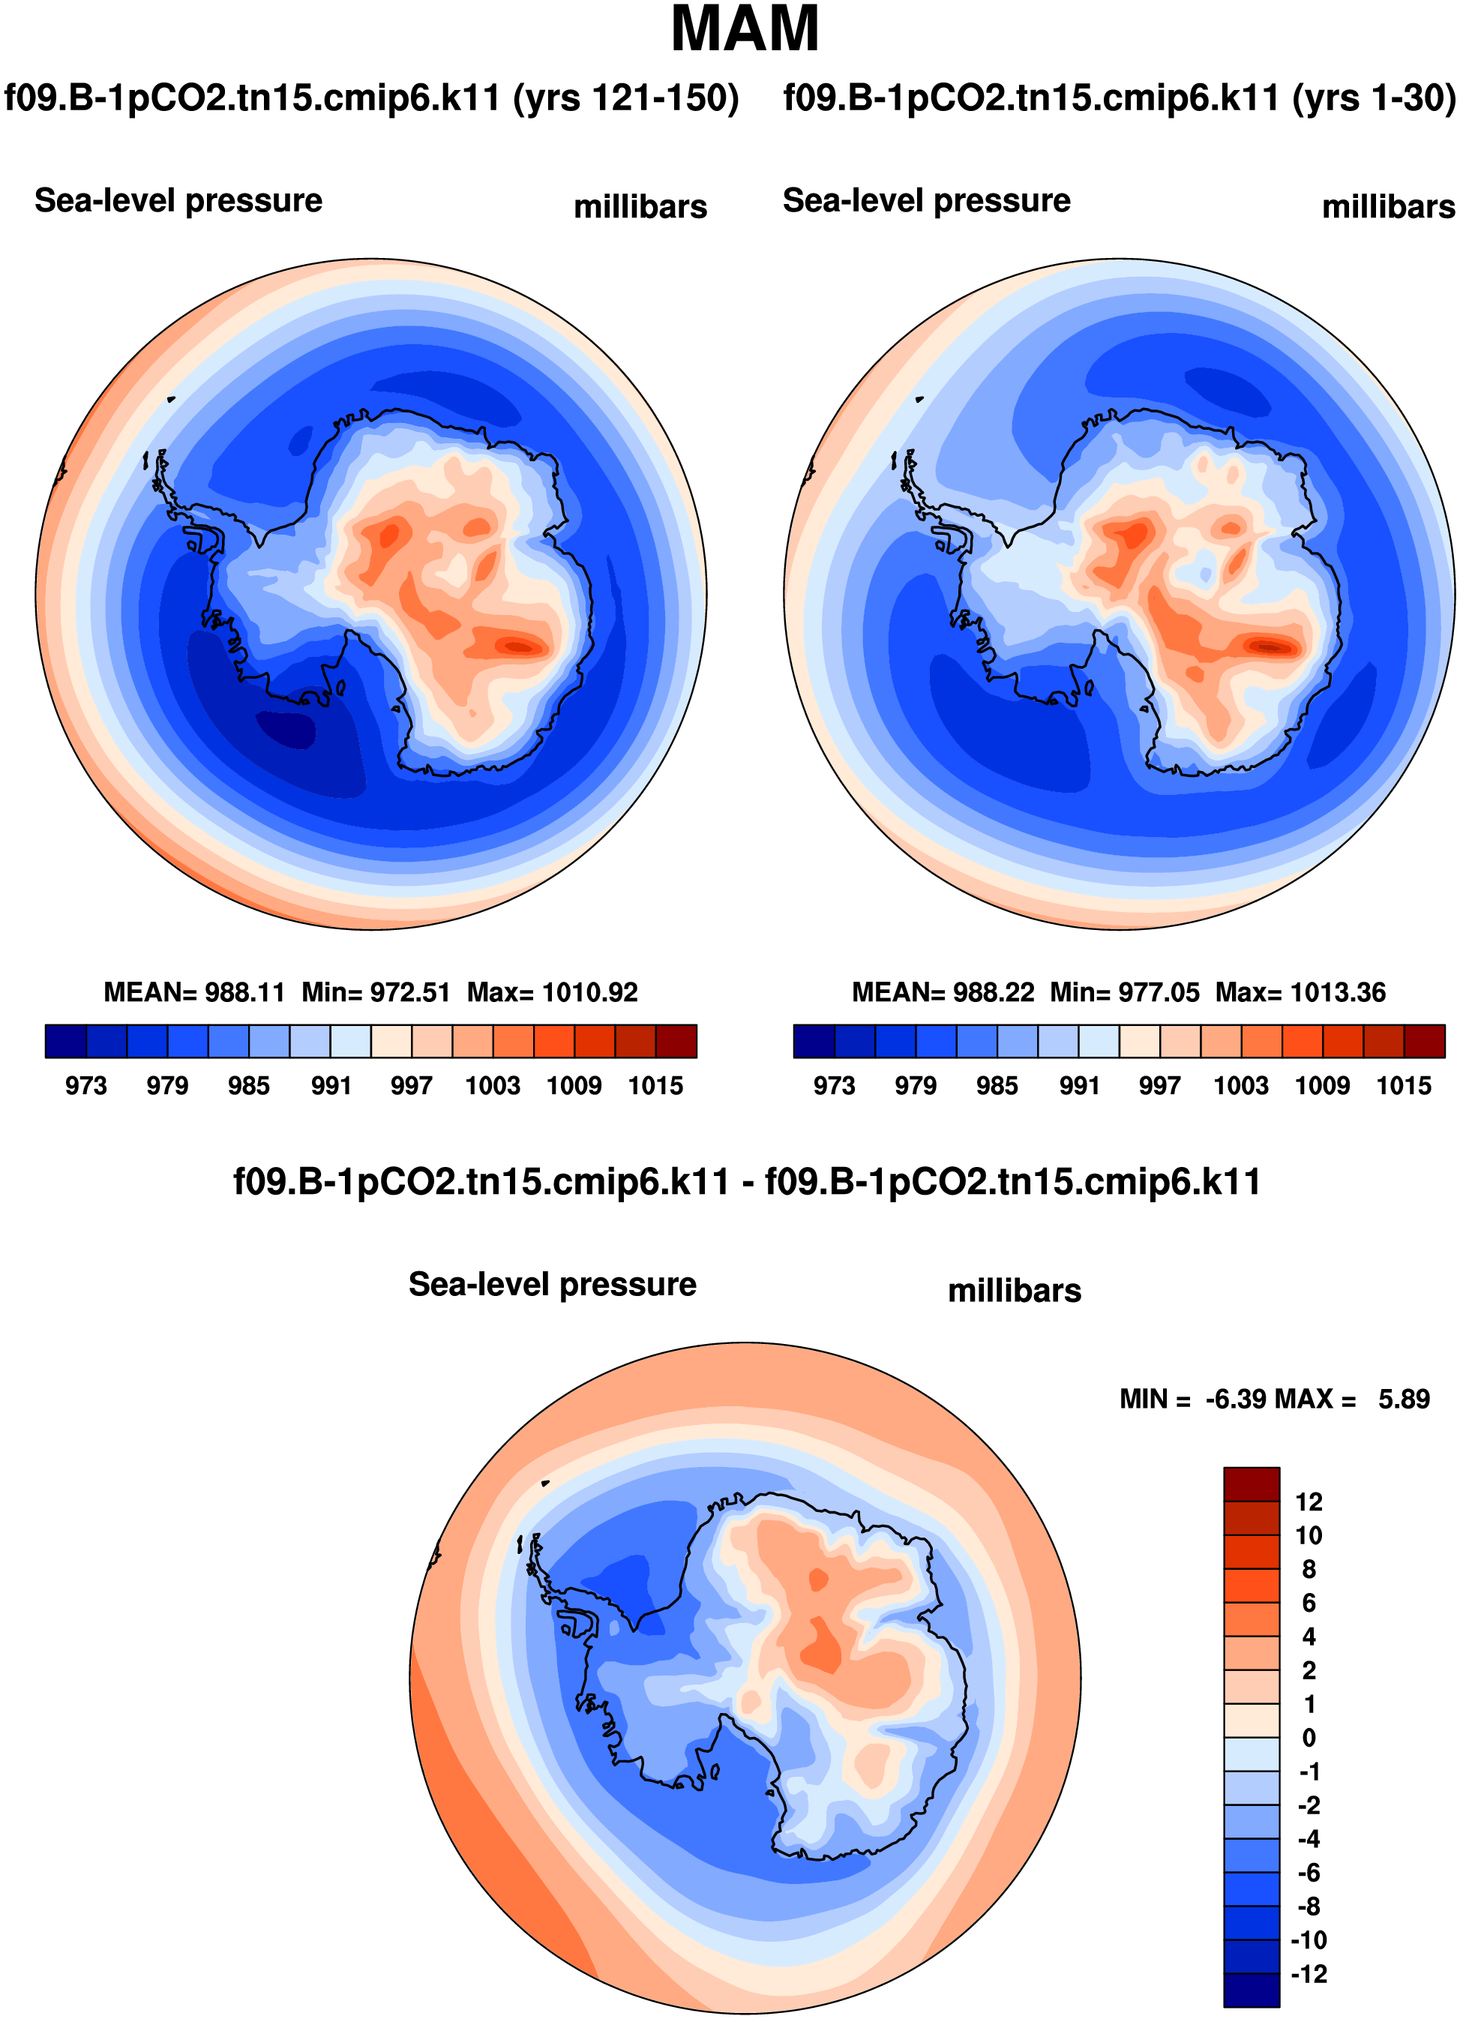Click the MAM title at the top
tap(744, 30)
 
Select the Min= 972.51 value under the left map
tap(376, 991)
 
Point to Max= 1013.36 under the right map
tap(1300, 991)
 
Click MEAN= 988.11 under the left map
tap(194, 991)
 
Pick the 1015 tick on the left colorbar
tap(655, 1085)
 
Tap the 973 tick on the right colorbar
tap(834, 1085)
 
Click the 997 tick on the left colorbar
tap(411, 1085)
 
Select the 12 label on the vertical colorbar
tap(1309, 1501)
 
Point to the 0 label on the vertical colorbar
tap(1309, 1738)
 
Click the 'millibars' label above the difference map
tap(1014, 1290)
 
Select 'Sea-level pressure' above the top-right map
tap(926, 201)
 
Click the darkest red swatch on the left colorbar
tap(676, 1041)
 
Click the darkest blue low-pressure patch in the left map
tap(286, 729)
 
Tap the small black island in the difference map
tap(546, 1483)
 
